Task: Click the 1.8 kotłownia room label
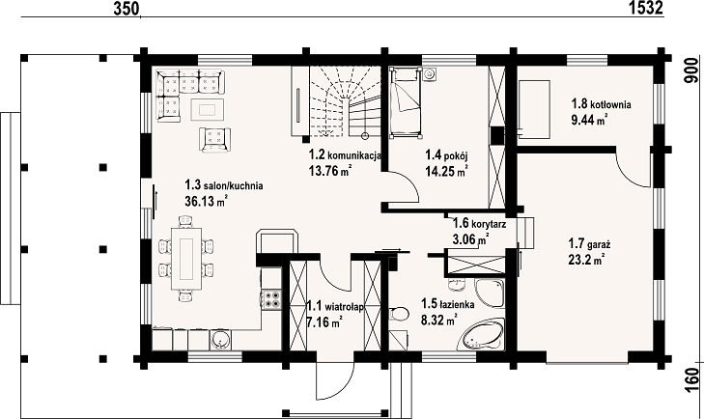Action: [601, 104]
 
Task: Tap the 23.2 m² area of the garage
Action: [586, 260]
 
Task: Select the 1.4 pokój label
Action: [447, 155]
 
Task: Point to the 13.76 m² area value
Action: [329, 171]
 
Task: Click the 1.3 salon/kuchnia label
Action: [224, 185]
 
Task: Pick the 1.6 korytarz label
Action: [480, 223]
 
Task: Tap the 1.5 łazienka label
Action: [448, 304]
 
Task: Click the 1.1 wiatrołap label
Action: [335, 307]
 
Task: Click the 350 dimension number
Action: [127, 9]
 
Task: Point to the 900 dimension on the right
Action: [692, 70]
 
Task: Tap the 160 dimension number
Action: [693, 381]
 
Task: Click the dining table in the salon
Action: [186, 258]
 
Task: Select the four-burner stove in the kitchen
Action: [272, 299]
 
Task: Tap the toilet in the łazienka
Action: [399, 315]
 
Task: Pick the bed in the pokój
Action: [406, 102]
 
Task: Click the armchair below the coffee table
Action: [215, 140]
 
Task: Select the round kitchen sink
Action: [221, 340]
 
